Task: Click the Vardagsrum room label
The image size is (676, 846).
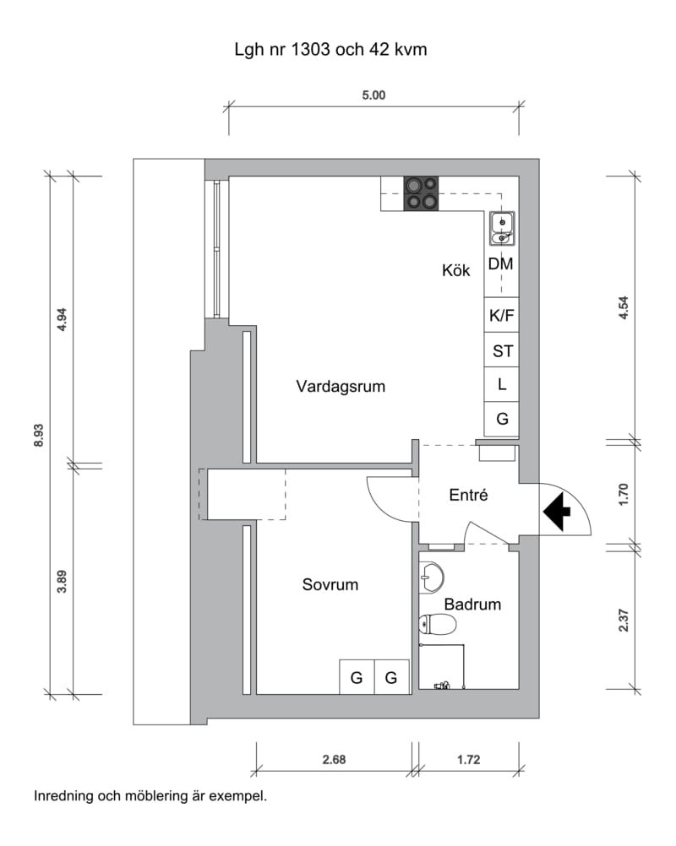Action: [x=341, y=387]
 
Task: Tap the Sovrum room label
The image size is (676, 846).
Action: [x=330, y=584]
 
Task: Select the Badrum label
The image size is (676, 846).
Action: [x=472, y=604]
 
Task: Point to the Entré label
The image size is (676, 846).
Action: [x=468, y=495]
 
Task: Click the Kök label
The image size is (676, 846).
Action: [x=455, y=270]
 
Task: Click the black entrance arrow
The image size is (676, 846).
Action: [x=557, y=511]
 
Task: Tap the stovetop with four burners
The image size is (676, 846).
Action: [x=421, y=193]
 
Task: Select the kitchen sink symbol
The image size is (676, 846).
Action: [x=502, y=229]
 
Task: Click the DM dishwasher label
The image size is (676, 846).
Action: [x=500, y=263]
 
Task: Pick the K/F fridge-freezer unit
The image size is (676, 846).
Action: [x=502, y=315]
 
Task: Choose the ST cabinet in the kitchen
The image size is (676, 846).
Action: [x=502, y=350]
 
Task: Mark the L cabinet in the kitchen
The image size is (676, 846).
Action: [x=502, y=385]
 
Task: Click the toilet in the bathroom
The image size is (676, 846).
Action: [x=438, y=624]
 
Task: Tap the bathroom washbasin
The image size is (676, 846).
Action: [x=431, y=578]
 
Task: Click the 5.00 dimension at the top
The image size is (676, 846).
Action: [x=373, y=95]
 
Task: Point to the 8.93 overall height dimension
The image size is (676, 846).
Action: [x=39, y=436]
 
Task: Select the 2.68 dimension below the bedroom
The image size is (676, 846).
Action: [x=335, y=760]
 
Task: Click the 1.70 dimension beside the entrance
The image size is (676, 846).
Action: [x=624, y=494]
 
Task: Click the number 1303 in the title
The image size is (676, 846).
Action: [x=310, y=50]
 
